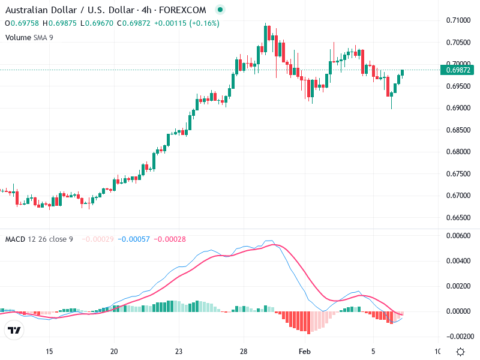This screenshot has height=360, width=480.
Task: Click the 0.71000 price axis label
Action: tap(458, 20)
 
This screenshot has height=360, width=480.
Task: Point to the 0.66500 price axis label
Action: tap(458, 217)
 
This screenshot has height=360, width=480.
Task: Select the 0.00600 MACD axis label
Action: tap(458, 236)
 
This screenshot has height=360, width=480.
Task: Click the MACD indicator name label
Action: tap(15, 239)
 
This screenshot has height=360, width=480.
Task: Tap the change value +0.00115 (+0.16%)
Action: tap(187, 23)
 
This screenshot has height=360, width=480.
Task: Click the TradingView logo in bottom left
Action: tap(14, 330)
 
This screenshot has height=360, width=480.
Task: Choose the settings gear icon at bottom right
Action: tap(460, 352)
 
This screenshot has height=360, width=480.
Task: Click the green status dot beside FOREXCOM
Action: tap(220, 10)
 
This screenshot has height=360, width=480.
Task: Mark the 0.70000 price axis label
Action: tap(458, 64)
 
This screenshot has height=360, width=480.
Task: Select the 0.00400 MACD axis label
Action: tap(458, 260)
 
